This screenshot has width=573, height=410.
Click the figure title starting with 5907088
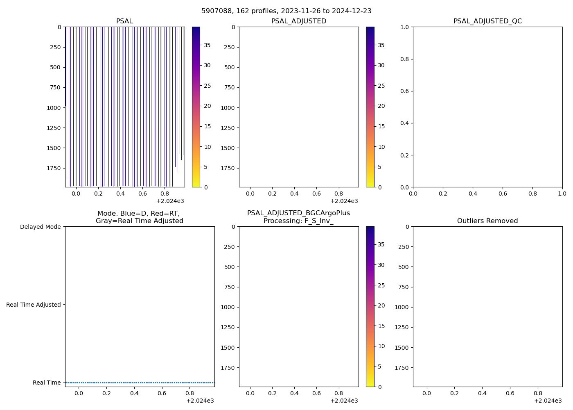click(286, 11)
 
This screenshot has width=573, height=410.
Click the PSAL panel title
click(124, 21)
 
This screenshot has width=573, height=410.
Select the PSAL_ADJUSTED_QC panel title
click(487, 21)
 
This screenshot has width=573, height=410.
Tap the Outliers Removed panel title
click(487, 221)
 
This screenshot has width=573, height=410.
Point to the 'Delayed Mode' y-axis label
click(40, 227)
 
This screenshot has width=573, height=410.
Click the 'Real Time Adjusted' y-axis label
click(34, 305)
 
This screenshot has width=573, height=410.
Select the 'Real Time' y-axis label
click(47, 383)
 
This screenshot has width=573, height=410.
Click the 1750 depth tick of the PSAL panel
click(54, 168)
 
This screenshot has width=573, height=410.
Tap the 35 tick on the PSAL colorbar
click(208, 45)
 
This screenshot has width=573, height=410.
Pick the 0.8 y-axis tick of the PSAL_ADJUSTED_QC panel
click(404, 59)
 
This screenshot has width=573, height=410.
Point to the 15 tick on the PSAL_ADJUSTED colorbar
click(381, 126)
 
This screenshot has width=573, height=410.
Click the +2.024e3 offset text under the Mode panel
click(200, 401)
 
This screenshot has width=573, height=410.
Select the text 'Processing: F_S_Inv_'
click(298, 221)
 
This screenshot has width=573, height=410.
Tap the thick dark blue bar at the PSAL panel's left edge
click(65, 66)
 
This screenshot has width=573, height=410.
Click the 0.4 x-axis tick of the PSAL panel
click(120, 194)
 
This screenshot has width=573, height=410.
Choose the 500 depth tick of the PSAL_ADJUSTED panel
click(230, 67)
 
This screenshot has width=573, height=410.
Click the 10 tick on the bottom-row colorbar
click(381, 346)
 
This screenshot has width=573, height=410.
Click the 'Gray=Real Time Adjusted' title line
click(140, 221)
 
